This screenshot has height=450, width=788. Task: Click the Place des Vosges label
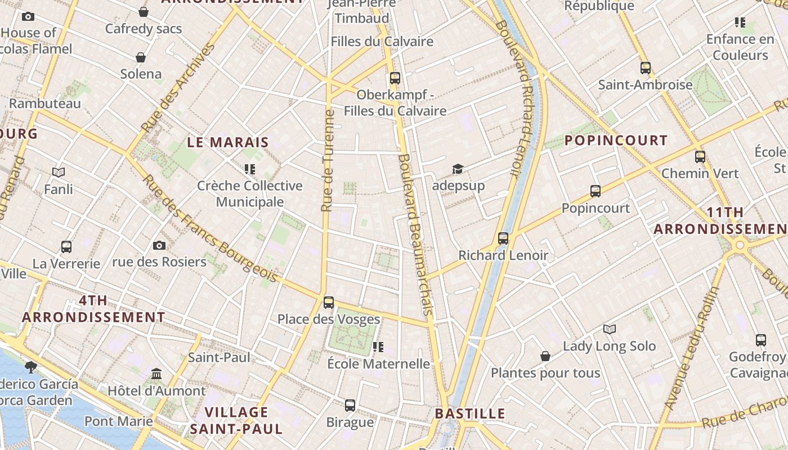pyautogui.click(x=329, y=319)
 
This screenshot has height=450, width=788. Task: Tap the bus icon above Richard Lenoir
pyautogui.click(x=503, y=238)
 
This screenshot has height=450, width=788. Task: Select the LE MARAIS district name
pyautogui.click(x=228, y=142)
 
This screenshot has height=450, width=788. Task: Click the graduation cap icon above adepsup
pyautogui.click(x=458, y=169)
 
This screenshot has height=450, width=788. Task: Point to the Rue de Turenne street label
pyautogui.click(x=328, y=161)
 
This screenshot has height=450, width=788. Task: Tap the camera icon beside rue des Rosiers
pyautogui.click(x=159, y=245)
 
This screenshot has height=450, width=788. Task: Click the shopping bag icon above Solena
pyautogui.click(x=141, y=57)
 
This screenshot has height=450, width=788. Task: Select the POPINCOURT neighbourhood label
pyautogui.click(x=616, y=140)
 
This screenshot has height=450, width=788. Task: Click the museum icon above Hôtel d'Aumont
pyautogui.click(x=156, y=373)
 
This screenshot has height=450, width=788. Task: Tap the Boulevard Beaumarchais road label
pyautogui.click(x=416, y=234)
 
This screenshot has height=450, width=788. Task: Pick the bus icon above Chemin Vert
pyautogui.click(x=700, y=157)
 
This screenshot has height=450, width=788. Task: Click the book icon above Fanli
pyautogui.click(x=59, y=172)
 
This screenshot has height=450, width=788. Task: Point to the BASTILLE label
pyautogui.click(x=470, y=414)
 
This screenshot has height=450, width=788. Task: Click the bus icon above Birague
pyautogui.click(x=350, y=405)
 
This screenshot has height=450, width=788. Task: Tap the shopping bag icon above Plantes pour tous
pyautogui.click(x=545, y=356)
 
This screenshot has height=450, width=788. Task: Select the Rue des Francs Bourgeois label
pyautogui.click(x=210, y=229)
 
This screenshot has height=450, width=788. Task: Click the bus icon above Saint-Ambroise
pyautogui.click(x=646, y=68)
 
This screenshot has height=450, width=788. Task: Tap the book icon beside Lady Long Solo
pyautogui.click(x=610, y=329)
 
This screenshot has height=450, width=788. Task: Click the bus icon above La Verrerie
pyautogui.click(x=66, y=246)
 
